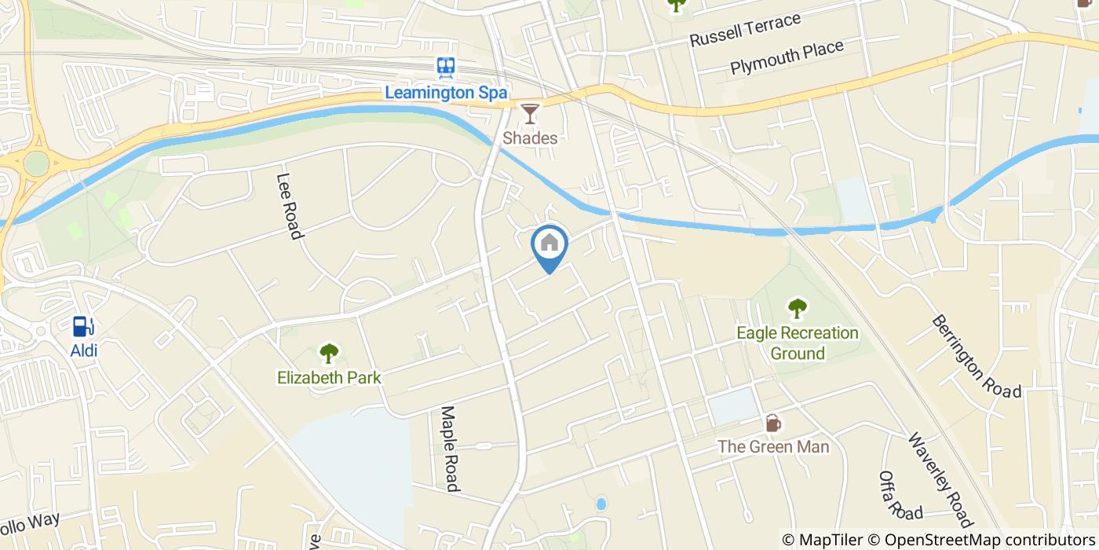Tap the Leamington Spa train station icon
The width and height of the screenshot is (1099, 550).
click(447, 68)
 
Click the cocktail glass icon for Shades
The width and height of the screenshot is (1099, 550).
click(531, 113)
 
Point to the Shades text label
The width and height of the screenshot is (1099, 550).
click(531, 138)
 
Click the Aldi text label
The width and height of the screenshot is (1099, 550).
click(84, 350)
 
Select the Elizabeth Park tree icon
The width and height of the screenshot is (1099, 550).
click(328, 353)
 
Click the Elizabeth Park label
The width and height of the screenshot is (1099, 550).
click(329, 378)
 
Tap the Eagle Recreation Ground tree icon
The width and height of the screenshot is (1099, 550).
click(797, 308)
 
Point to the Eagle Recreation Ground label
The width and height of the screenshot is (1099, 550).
click(798, 343)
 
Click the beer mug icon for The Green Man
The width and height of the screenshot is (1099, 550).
click(773, 423)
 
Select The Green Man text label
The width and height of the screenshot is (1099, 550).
click(773, 447)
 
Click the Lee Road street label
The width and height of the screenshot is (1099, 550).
click(290, 206)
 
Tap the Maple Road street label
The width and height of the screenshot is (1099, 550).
click(449, 449)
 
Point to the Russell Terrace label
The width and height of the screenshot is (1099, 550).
click(745, 30)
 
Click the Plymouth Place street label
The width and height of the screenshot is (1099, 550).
click(787, 57)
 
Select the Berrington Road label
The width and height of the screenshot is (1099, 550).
click(977, 357)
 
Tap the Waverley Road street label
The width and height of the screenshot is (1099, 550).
click(940, 479)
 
